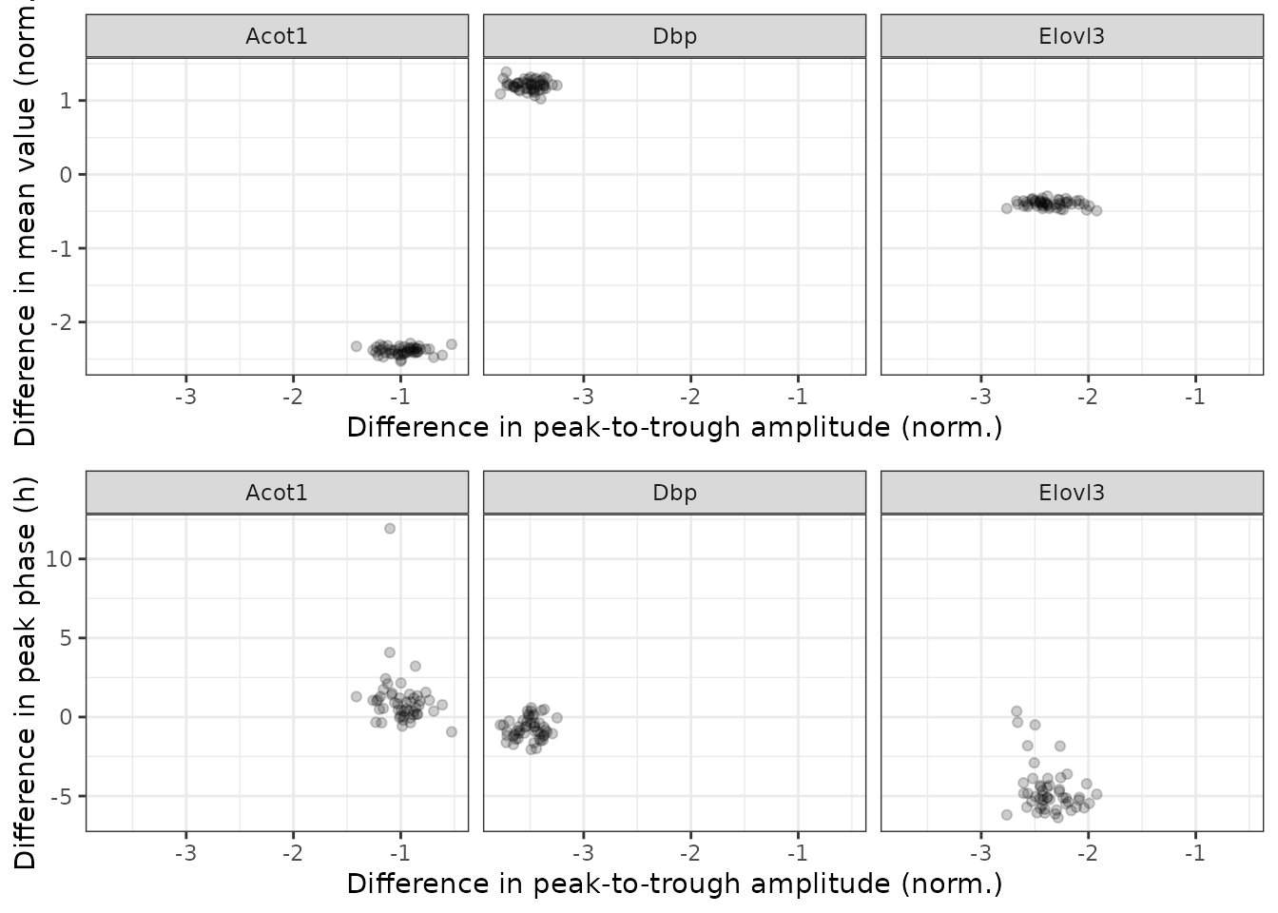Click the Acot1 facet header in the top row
click(277, 36)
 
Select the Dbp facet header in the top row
click(674, 36)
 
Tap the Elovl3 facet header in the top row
click(1072, 36)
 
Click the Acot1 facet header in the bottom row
click(277, 493)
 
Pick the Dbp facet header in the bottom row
click(674, 493)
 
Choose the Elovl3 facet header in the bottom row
click(1072, 493)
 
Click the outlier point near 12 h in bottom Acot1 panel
click(390, 529)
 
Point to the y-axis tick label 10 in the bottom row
click(59, 558)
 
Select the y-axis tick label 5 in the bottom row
click(66, 637)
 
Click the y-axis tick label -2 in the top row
click(62, 322)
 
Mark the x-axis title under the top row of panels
click(674, 427)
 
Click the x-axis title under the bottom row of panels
click(674, 884)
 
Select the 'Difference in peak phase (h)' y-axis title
click(25, 672)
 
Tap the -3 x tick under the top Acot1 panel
click(185, 397)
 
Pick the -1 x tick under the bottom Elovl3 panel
click(1195, 853)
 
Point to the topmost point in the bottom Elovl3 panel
click(1017, 711)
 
